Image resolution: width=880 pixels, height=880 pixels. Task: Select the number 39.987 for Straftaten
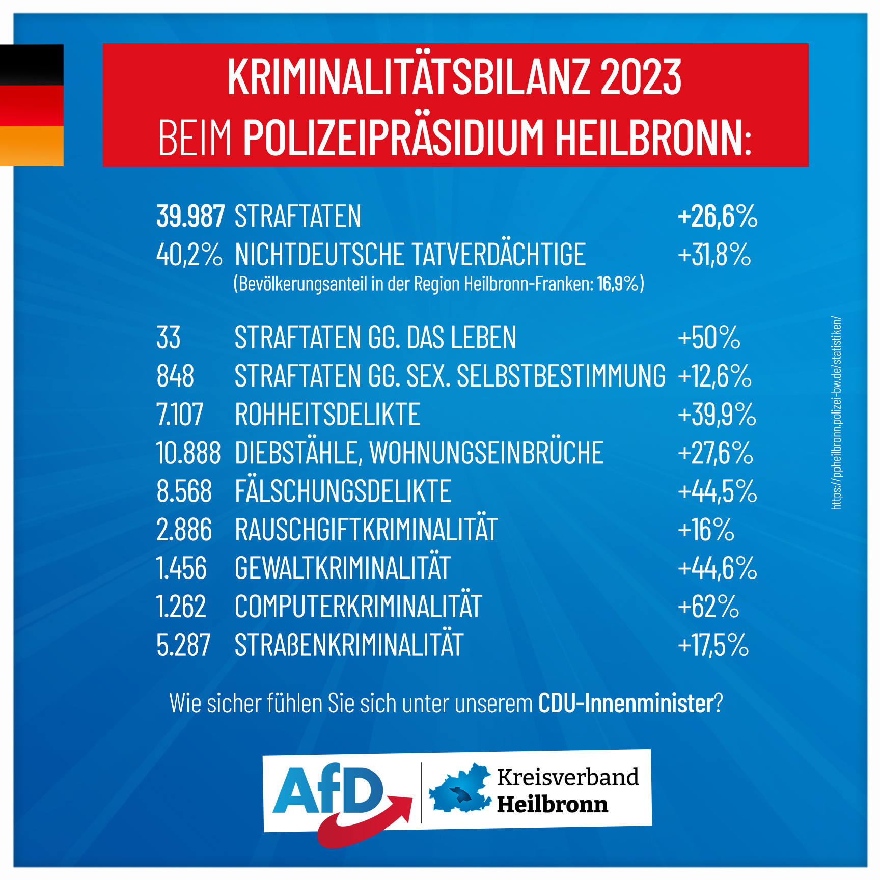point(190,216)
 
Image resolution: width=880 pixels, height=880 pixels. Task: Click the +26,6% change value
point(717,216)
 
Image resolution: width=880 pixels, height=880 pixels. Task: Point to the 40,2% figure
point(189,255)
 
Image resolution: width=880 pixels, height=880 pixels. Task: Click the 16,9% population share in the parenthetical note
point(617,284)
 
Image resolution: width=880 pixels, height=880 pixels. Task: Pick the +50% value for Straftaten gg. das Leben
point(708,338)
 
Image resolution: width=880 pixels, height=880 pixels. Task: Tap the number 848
point(175,376)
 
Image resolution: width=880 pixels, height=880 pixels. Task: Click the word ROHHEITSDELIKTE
point(327,415)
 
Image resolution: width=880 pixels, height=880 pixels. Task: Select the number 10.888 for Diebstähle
point(188,453)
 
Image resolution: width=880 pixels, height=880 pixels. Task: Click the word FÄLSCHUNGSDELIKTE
point(343,491)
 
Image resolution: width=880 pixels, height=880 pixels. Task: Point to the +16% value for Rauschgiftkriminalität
point(706,530)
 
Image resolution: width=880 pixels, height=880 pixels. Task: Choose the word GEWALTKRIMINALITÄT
point(342,568)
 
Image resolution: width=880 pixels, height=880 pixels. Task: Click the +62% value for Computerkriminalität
point(708,607)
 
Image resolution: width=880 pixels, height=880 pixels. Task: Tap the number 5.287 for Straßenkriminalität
point(183,645)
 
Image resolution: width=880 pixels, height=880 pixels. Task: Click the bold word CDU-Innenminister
point(626,703)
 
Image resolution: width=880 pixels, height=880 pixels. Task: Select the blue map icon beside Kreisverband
point(460,789)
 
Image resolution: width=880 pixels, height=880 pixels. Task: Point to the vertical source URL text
point(836,413)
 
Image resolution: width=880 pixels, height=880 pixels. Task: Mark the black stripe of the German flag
point(32,65)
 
